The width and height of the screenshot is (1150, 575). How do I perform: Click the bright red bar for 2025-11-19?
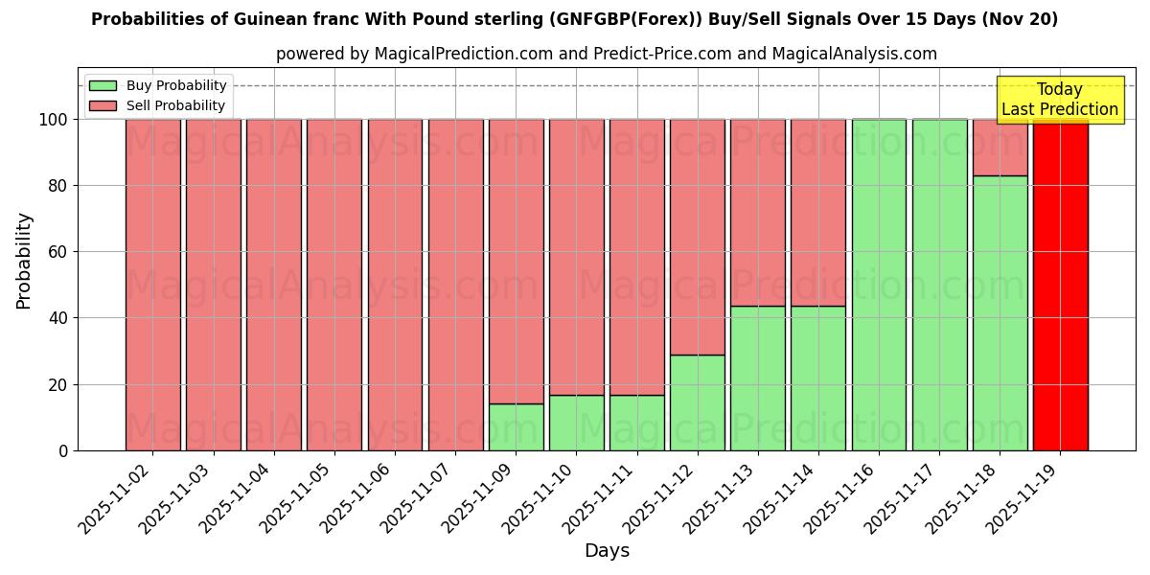pyautogui.click(x=1060, y=285)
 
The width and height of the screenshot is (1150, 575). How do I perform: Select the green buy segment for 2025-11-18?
pyautogui.click(x=1000, y=312)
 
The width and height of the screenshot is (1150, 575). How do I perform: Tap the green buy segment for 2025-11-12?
pyautogui.click(x=698, y=402)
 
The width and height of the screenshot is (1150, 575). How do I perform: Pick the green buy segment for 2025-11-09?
pyautogui.click(x=516, y=426)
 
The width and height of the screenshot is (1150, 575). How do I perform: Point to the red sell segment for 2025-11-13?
pyautogui.click(x=758, y=213)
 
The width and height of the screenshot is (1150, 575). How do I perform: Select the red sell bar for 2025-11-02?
pyautogui.click(x=153, y=285)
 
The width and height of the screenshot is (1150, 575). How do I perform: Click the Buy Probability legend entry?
pyautogui.click(x=158, y=86)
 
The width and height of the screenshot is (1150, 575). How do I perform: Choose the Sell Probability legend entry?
pyautogui.click(x=158, y=105)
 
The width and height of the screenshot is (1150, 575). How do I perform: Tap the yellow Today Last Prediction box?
pyautogui.click(x=1059, y=100)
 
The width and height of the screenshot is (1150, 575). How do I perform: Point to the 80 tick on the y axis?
pyautogui.click(x=58, y=186)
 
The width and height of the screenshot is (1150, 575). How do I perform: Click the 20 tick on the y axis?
pyautogui.click(x=58, y=384)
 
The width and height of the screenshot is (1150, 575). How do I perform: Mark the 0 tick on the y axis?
pyautogui.click(x=63, y=450)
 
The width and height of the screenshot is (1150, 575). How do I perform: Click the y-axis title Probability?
pyautogui.click(x=24, y=261)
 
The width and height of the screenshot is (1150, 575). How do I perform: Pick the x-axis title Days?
pyautogui.click(x=607, y=551)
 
